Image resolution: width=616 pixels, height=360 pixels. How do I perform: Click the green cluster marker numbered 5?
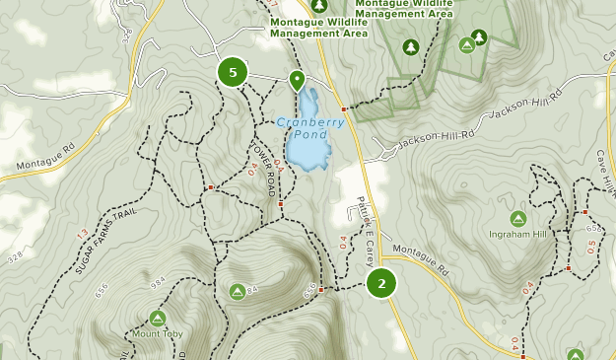pos(233,72)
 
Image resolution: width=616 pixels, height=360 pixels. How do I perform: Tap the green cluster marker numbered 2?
pos(381,284)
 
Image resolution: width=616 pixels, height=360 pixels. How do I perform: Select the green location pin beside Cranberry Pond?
pos(296,80)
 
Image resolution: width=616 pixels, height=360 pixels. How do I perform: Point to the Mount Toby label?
pos(157,333)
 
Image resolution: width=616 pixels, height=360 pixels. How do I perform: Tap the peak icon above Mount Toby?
pos(157,318)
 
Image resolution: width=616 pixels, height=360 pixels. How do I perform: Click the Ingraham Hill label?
pos(516,234)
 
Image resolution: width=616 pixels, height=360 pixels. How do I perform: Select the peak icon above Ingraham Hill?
pos(516,218)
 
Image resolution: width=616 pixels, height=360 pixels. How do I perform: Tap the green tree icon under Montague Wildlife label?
pos(410,46)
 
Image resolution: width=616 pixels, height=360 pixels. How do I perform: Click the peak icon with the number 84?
pos(238,291)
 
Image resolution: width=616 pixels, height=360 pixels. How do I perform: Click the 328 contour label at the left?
pos(14,257)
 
